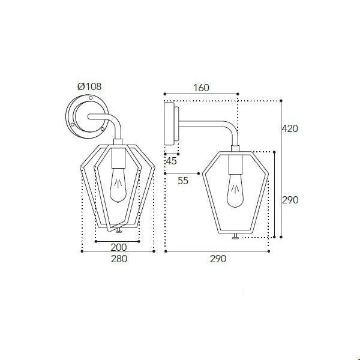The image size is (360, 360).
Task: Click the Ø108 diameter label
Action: click(89, 86)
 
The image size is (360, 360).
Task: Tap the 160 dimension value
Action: click(202, 88)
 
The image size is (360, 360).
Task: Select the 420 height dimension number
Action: click(290, 128)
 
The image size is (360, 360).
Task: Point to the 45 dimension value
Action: click(171, 161)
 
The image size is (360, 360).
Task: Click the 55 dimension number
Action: click(183, 181)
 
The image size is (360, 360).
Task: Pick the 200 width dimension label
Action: click(119, 247)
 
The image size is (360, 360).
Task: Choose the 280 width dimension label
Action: click(119, 259)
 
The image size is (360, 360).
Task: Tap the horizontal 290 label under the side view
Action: click(218, 259)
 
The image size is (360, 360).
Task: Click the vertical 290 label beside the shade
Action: click(290, 200)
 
